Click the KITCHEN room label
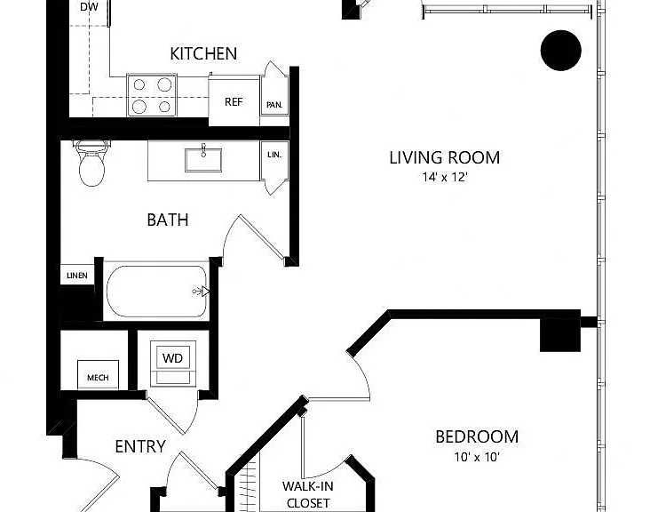coord(203,53)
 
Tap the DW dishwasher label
coord(89,6)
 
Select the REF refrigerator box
coord(234,101)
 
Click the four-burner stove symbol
coord(152,95)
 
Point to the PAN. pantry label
coord(274,105)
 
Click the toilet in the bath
coord(91,163)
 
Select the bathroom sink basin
coord(203,160)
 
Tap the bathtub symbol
coord(157,292)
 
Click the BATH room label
coord(168,220)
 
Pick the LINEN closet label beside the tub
coord(77,276)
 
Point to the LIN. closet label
coord(274,155)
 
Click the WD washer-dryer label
coord(172,358)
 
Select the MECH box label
coord(98,378)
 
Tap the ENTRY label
coord(140,446)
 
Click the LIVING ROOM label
coord(444,157)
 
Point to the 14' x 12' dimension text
coord(445,177)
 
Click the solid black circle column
coord(561,50)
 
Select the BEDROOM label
coord(477,437)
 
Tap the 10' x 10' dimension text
coord(477,457)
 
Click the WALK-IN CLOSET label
coord(308,494)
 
